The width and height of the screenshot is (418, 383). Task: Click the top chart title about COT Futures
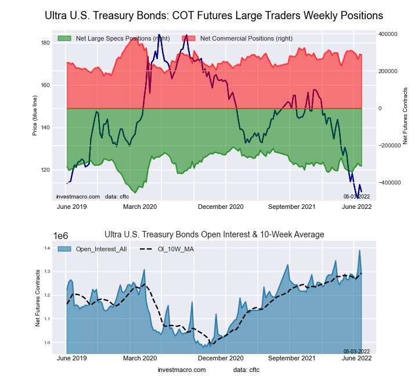point(214,15)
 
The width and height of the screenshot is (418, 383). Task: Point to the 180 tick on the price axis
point(45,43)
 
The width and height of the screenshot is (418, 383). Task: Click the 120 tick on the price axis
point(45,170)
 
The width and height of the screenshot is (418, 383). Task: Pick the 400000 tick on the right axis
point(388,34)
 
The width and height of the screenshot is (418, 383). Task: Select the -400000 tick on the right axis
point(387,183)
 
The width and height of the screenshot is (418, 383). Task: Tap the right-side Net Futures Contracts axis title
point(405,115)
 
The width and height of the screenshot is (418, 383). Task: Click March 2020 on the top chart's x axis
point(141,207)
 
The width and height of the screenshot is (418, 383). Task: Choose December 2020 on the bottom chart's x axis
point(221,358)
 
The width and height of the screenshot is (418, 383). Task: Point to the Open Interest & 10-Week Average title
point(214,234)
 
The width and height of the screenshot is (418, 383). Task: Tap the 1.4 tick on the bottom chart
point(48,248)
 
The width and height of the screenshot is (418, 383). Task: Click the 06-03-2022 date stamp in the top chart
point(356,197)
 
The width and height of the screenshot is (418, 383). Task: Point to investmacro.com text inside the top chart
point(78,197)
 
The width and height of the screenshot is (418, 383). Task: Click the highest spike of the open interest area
point(359,251)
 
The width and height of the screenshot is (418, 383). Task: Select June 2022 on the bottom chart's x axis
point(355,358)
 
